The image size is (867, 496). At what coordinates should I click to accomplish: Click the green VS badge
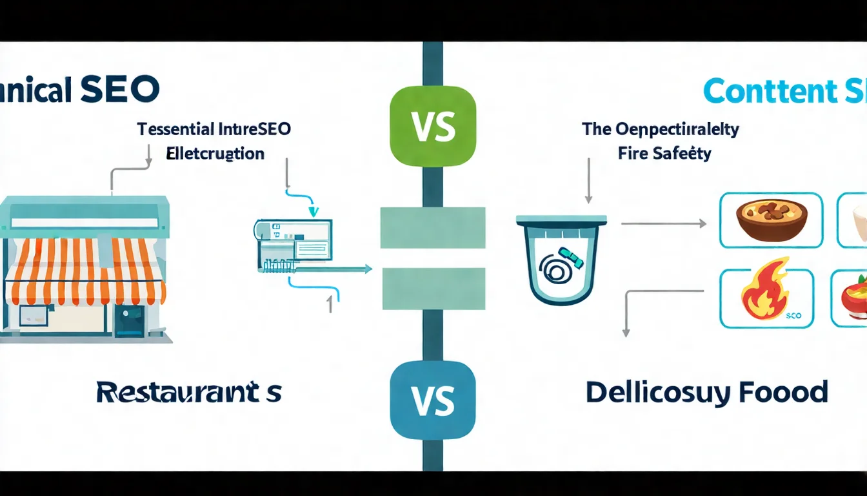coord(433,127)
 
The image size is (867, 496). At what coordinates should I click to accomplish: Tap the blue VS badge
coord(433,400)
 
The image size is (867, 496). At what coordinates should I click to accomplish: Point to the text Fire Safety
coord(664,154)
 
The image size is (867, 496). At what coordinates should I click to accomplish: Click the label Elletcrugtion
coord(215,154)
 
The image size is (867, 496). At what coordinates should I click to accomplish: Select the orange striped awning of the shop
coord(85,271)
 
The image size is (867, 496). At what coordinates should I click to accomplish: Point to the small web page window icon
coord(294,240)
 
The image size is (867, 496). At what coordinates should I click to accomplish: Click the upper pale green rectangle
coord(433,227)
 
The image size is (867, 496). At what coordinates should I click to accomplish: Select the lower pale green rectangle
coord(433,289)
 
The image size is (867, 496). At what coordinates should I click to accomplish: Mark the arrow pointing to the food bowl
coord(664,223)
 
